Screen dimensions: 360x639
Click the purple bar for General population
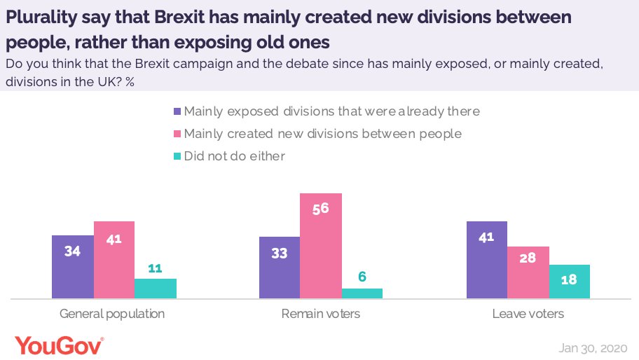coord(72,267)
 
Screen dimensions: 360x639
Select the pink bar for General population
coord(114,260)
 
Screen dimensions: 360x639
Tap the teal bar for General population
coord(155,289)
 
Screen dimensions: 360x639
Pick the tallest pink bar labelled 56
coord(321,246)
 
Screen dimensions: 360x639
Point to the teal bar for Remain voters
coord(362,293)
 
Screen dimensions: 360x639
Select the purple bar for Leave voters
coord(487,260)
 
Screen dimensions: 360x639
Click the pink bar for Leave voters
coord(528,272)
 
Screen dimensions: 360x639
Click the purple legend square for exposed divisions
coord(177,111)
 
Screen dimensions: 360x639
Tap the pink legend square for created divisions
coord(177,134)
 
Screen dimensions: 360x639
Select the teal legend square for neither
coord(177,156)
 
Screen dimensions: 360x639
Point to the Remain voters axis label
coord(321,314)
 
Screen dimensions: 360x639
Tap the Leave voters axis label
coord(528,314)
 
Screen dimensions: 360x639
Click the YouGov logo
coord(60,345)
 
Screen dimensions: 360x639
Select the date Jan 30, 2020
coord(593,348)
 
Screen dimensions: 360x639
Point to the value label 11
coord(155,268)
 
